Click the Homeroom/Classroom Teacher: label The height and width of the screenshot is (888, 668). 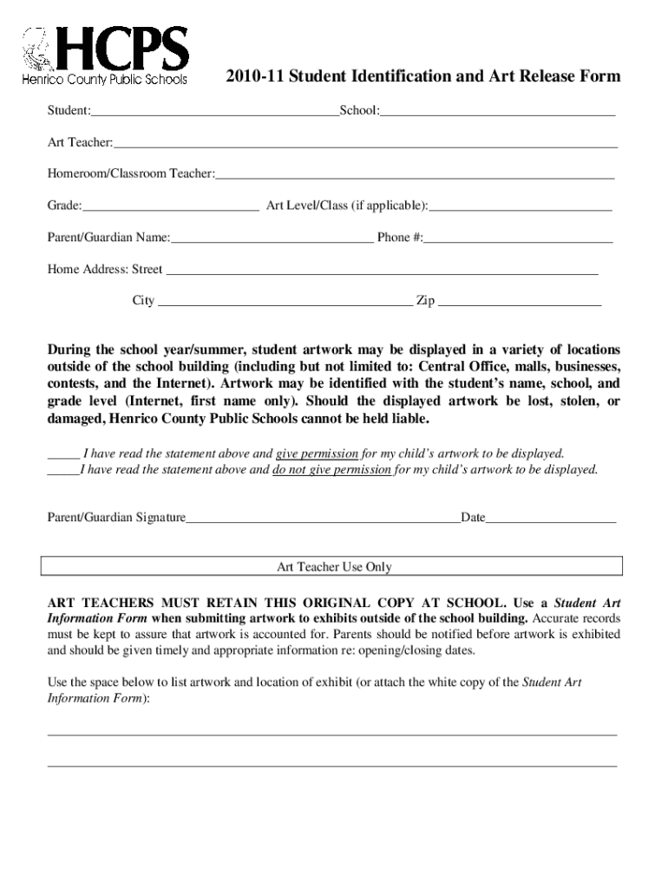coord(131,174)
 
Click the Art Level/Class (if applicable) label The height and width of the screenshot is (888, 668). coord(347,206)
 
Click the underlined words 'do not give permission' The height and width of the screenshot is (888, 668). coord(331,470)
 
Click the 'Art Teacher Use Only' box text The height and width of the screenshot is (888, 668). coord(334,567)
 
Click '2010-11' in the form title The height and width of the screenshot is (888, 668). coord(255,76)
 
